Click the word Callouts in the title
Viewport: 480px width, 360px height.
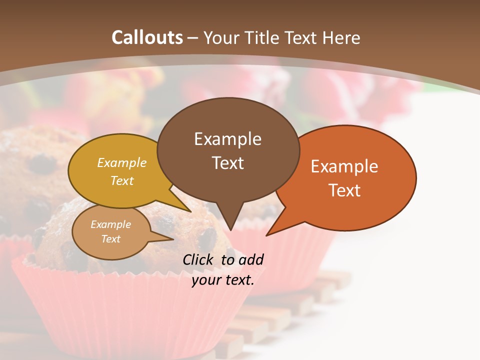[x=147, y=37]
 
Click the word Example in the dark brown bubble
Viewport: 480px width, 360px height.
[x=227, y=139]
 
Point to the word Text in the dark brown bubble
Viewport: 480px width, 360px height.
[x=227, y=162]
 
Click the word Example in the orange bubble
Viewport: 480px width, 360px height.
[x=344, y=166]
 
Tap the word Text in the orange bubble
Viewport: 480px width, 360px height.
[x=344, y=190]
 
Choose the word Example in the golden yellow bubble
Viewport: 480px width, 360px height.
[x=122, y=163]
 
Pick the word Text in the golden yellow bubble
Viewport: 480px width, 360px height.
[x=122, y=180]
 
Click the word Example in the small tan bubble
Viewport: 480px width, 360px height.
[x=110, y=224]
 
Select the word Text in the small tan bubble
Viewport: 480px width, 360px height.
[x=110, y=239]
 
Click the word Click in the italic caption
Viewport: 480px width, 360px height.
[x=199, y=259]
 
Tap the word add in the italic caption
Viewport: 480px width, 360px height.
[x=251, y=259]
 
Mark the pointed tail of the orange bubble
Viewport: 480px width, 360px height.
[x=272, y=231]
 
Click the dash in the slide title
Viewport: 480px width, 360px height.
[x=193, y=38]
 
